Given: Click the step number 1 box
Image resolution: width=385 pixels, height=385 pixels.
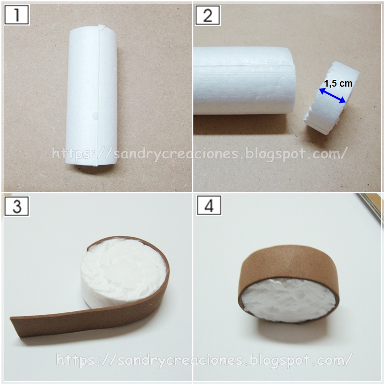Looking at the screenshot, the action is coord(17,15).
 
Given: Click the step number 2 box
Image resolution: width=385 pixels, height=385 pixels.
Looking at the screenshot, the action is coord(208,15).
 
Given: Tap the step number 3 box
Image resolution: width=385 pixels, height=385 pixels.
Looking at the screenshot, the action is coord(17,206).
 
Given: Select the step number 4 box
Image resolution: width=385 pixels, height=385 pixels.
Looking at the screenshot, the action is coord(209,206).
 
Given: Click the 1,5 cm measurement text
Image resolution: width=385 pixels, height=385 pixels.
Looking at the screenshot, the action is coord(338,83).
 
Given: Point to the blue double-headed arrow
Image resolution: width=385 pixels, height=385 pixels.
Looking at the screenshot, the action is coord(333,95).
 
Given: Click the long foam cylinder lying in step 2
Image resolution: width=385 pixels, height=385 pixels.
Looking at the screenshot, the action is coord(245,80).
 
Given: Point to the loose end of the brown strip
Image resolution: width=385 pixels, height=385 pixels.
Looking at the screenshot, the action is coord(15,328).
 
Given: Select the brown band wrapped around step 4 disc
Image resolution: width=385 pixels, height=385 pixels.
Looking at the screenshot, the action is coord(290,267).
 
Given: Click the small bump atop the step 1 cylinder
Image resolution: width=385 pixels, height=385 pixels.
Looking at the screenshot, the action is coord(101,27).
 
